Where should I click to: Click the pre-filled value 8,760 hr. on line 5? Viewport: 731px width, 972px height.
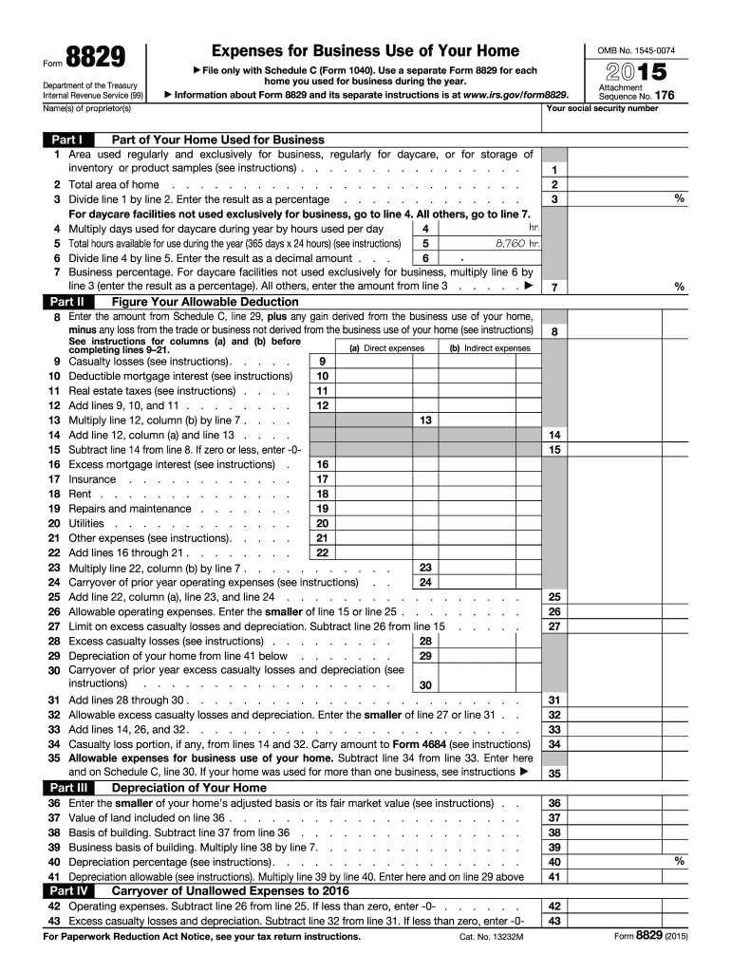(x=517, y=244)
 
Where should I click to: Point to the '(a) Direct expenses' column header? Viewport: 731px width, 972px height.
(x=386, y=348)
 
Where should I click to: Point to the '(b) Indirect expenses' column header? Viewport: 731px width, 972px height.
(x=490, y=348)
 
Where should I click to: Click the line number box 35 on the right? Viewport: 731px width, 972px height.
(x=554, y=774)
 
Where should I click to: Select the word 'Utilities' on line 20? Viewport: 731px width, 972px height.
(x=86, y=523)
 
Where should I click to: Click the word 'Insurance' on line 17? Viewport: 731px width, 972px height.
(x=92, y=479)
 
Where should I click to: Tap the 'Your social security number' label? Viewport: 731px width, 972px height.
(x=603, y=108)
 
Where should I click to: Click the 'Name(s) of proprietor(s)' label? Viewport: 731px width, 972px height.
(x=84, y=108)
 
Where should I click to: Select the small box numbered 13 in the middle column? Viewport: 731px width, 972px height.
(x=425, y=420)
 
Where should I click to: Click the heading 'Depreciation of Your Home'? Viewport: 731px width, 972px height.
(x=189, y=788)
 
